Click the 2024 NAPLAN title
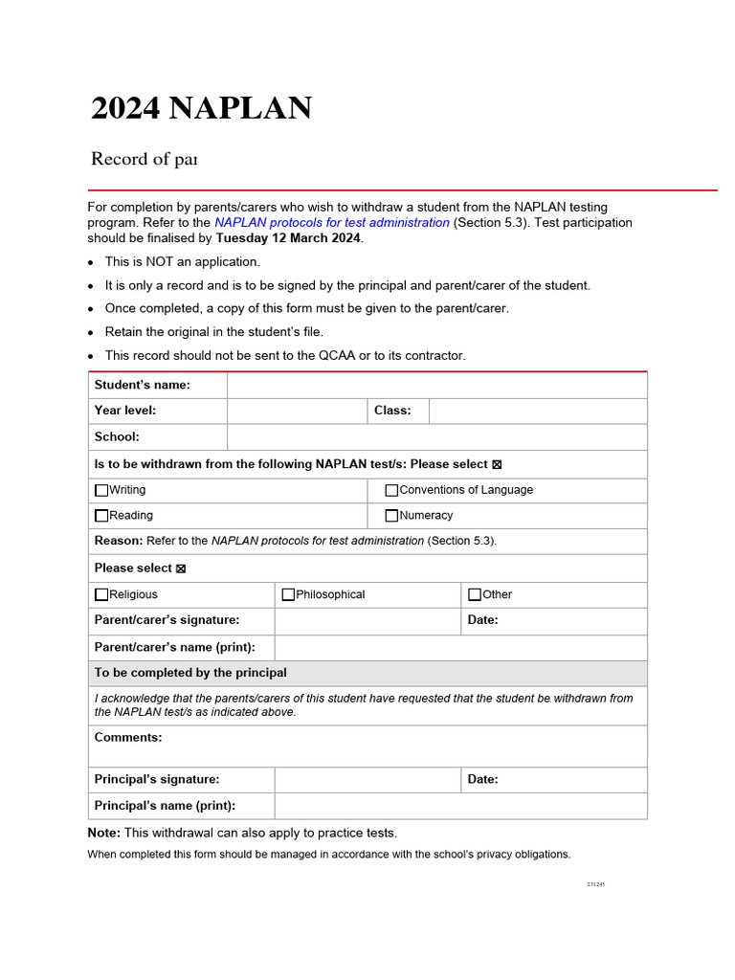[201, 109]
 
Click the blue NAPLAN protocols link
[331, 223]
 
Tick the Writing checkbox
[101, 490]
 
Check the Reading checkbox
[101, 516]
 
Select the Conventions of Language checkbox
[391, 490]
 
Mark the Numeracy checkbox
[391, 516]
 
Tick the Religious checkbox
[101, 594]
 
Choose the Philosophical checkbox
[288, 594]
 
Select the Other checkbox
[475, 594]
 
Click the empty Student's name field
[436, 385]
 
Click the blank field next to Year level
[297, 411]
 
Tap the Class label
[392, 411]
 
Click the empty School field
[436, 436]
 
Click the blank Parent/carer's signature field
[367, 620]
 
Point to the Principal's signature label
[157, 779]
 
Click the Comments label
[128, 737]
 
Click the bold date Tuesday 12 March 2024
[288, 238]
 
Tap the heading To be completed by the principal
[190, 673]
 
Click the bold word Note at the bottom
[103, 833]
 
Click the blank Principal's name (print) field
[459, 806]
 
